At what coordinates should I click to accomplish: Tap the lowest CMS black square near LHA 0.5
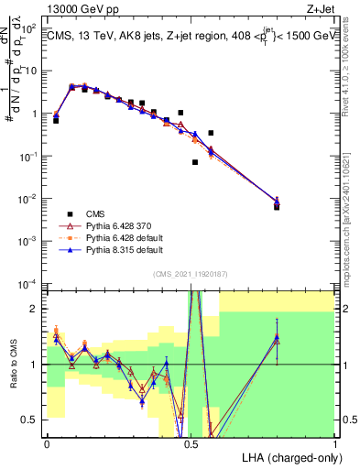(x=195, y=162)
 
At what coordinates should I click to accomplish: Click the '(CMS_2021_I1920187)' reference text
(x=191, y=274)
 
